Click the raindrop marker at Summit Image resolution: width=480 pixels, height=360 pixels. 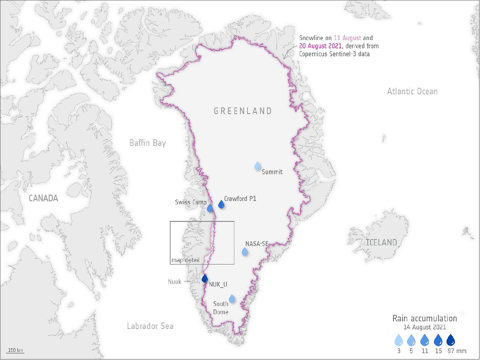point(257,166)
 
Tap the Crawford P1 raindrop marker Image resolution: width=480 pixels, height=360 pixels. point(221,205)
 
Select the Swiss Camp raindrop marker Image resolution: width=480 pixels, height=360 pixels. point(210,208)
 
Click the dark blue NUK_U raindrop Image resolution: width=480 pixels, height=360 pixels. point(204,279)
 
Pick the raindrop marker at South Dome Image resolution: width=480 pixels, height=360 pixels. point(232,299)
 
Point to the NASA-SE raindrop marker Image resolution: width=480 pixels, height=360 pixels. point(245,252)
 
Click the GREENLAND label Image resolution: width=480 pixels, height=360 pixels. point(243,111)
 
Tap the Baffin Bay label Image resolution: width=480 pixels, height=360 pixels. point(147,143)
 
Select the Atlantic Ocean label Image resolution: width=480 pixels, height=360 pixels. point(412,91)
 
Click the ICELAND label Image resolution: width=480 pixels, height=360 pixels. point(381,242)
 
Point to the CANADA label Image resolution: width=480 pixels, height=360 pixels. point(43,198)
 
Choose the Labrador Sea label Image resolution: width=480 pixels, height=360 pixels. point(150,326)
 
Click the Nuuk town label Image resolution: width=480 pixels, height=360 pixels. point(175,282)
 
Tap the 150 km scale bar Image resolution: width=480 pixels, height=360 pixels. point(15,351)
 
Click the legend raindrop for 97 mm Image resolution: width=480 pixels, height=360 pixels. point(451,341)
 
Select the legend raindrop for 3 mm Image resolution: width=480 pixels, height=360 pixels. point(399,341)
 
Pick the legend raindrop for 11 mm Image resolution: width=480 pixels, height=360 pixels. point(425,341)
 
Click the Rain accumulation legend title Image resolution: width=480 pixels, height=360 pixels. point(425,318)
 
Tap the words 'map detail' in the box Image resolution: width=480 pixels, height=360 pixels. point(185,260)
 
